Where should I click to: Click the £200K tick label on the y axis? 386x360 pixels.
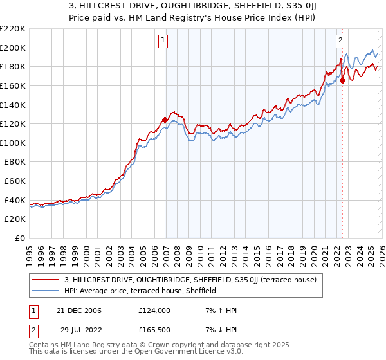click(x=13, y=48)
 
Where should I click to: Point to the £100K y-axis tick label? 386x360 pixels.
click(x=13, y=143)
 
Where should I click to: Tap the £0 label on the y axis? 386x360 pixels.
click(x=19, y=238)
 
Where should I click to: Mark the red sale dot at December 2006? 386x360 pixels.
click(x=165, y=120)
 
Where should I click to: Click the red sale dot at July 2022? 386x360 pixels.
click(x=343, y=80)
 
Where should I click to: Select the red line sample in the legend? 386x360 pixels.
click(x=46, y=280)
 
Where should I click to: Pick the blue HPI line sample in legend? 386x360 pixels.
click(x=46, y=291)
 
